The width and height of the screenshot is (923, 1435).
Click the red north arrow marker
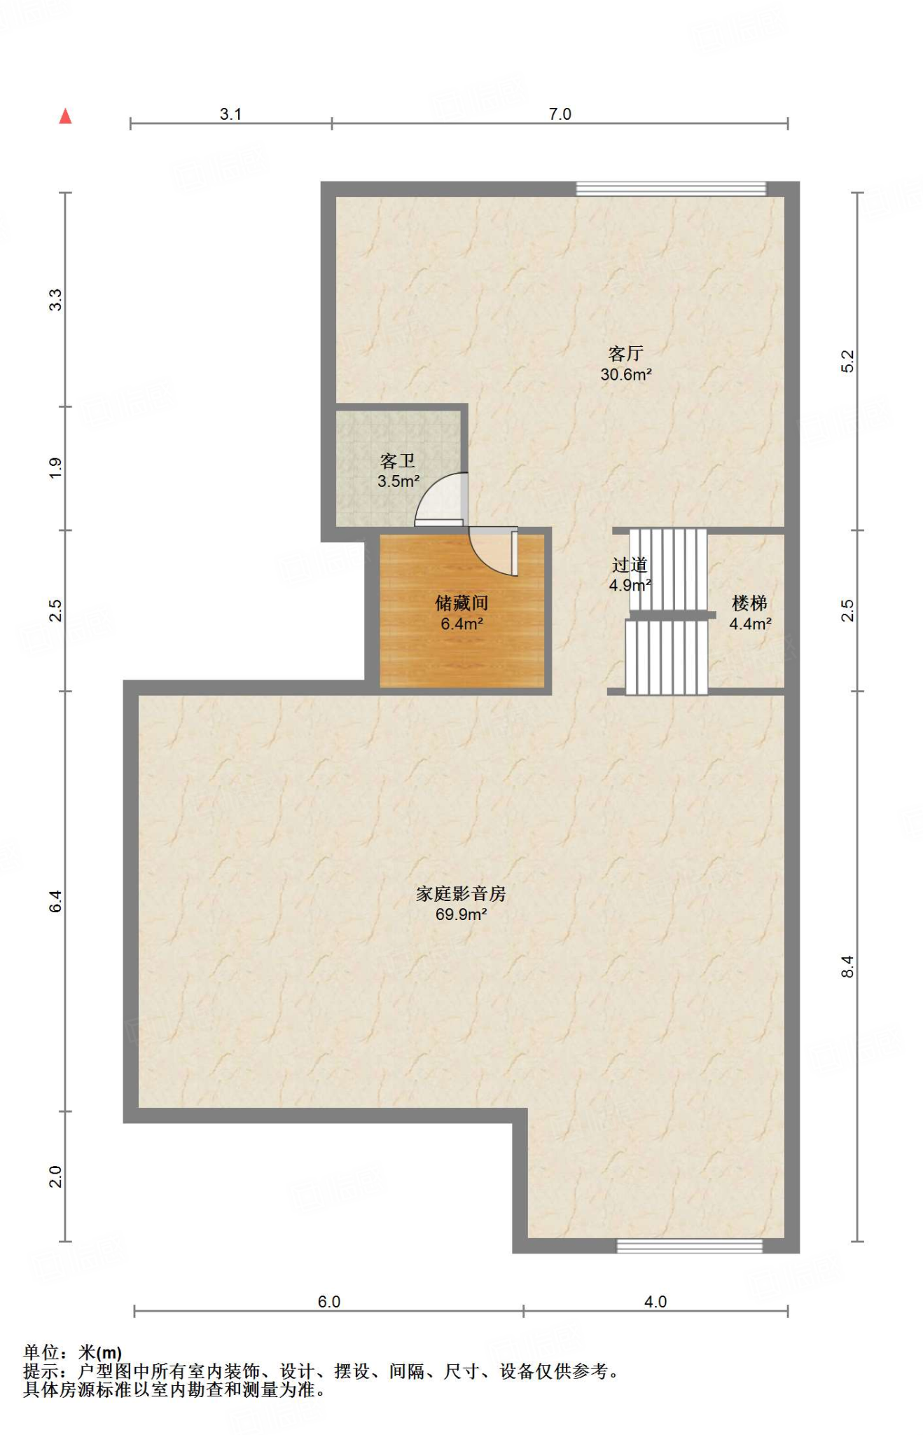[65, 116]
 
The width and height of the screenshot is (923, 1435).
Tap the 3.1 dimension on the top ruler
[230, 114]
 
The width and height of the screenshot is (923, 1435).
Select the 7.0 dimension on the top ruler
[560, 114]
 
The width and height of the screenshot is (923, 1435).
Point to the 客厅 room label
[625, 354]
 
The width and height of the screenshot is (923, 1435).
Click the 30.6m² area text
[625, 375]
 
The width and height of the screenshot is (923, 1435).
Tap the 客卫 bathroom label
[398, 461]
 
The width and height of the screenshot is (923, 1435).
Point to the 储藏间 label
[461, 603]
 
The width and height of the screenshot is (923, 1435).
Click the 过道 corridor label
[629, 565]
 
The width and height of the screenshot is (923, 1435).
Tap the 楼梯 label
[749, 603]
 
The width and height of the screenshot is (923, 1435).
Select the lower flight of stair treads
[666, 657]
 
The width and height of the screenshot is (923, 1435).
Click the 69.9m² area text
[461, 914]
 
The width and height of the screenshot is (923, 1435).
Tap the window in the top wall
[671, 188]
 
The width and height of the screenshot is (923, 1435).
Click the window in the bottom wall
[689, 1246]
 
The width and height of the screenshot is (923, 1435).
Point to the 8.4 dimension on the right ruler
[847, 967]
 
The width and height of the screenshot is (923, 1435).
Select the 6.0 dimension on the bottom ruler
[328, 1302]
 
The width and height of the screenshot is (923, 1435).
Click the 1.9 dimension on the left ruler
[56, 468]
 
